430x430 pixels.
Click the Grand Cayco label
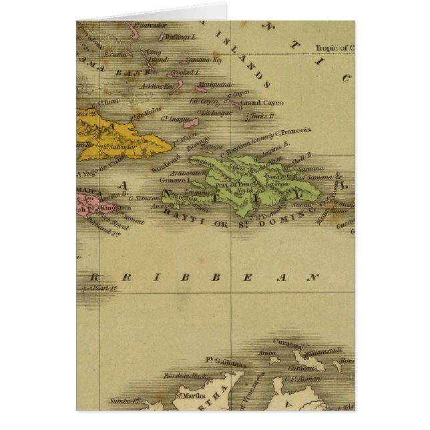click(x=262, y=103)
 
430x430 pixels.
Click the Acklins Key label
click(x=157, y=85)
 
